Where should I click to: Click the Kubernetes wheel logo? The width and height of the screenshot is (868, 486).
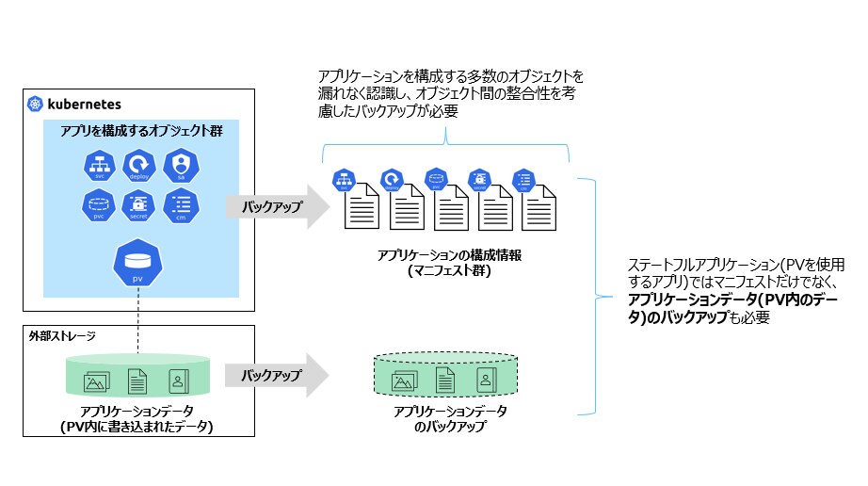pyautogui.click(x=36, y=104)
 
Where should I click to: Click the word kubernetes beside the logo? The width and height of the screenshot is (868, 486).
pyautogui.click(x=82, y=104)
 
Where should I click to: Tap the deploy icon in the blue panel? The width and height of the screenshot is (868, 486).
pyautogui.click(x=138, y=165)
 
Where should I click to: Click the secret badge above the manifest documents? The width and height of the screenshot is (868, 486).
pyautogui.click(x=479, y=180)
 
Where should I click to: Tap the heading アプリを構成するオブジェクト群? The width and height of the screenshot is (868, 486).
pyautogui.click(x=141, y=131)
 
